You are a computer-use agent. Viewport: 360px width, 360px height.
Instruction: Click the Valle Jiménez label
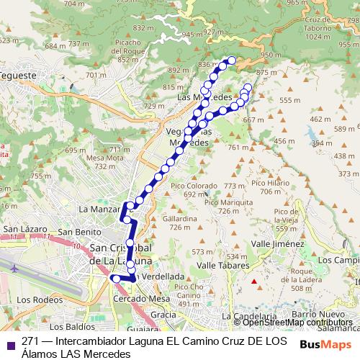[277, 244]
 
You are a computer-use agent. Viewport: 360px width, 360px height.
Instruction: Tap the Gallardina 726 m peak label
[180, 222]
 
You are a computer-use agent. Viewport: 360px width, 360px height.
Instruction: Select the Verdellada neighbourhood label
[163, 276]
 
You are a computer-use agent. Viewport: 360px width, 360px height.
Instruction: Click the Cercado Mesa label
[141, 297]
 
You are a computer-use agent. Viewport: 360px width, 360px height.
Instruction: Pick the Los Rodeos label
[35, 300]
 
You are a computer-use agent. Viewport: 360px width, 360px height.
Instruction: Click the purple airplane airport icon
[14, 268]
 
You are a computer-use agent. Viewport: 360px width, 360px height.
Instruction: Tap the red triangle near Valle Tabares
[253, 282]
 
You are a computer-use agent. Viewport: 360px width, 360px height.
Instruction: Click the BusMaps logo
[325, 344]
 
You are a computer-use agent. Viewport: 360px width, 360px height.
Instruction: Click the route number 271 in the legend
[30, 341]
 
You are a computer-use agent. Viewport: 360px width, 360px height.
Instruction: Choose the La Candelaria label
[249, 316]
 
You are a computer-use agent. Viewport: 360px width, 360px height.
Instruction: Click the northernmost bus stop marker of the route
[232, 60]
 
